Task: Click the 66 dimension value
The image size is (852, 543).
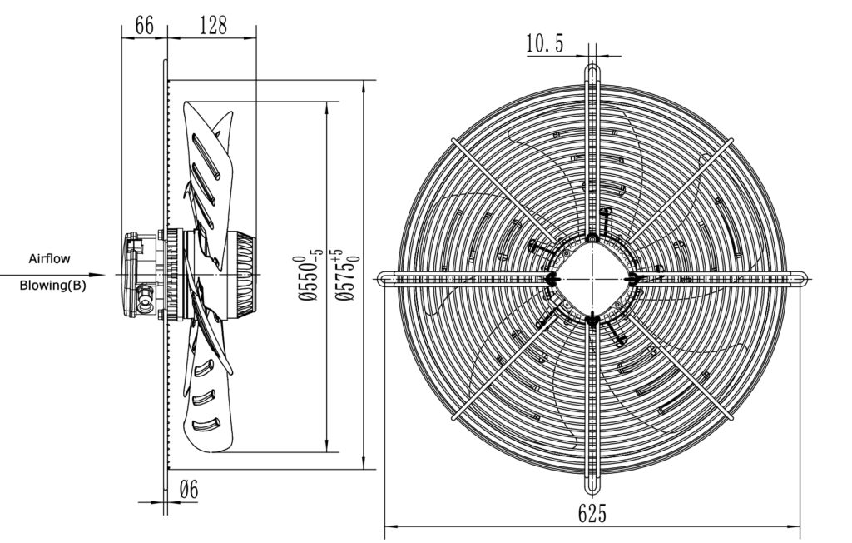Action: click(x=144, y=26)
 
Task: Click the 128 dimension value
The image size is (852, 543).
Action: click(x=212, y=26)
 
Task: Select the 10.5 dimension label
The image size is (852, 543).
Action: click(x=544, y=43)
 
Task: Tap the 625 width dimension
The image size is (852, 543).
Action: click(x=592, y=514)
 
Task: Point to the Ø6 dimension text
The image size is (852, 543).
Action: click(x=189, y=491)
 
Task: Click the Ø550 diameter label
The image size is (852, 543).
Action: click(x=309, y=277)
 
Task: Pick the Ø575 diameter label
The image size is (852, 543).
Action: click(x=348, y=275)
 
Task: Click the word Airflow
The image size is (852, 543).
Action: click(x=49, y=259)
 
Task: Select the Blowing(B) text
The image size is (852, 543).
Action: click(x=52, y=286)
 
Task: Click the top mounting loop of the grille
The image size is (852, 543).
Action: click(x=592, y=76)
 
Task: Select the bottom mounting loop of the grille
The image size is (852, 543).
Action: click(x=592, y=479)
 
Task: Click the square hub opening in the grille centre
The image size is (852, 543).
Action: click(x=592, y=278)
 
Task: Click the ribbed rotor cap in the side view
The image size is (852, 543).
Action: click(x=245, y=275)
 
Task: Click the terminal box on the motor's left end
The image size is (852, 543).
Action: click(x=132, y=275)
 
